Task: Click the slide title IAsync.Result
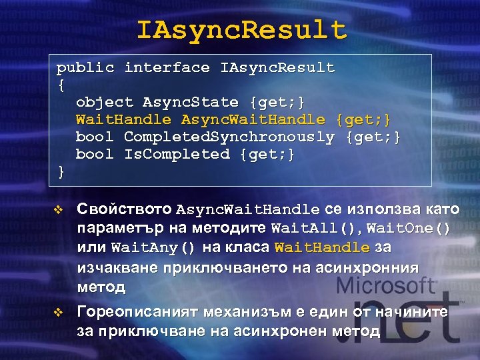(x=241, y=30)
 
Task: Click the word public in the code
(x=85, y=68)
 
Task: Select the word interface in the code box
(x=167, y=68)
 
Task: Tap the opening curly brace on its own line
(x=61, y=85)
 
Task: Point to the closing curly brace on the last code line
(x=61, y=171)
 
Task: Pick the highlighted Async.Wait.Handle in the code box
(x=253, y=120)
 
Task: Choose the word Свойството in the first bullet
(x=125, y=210)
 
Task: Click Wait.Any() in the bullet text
(x=153, y=248)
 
